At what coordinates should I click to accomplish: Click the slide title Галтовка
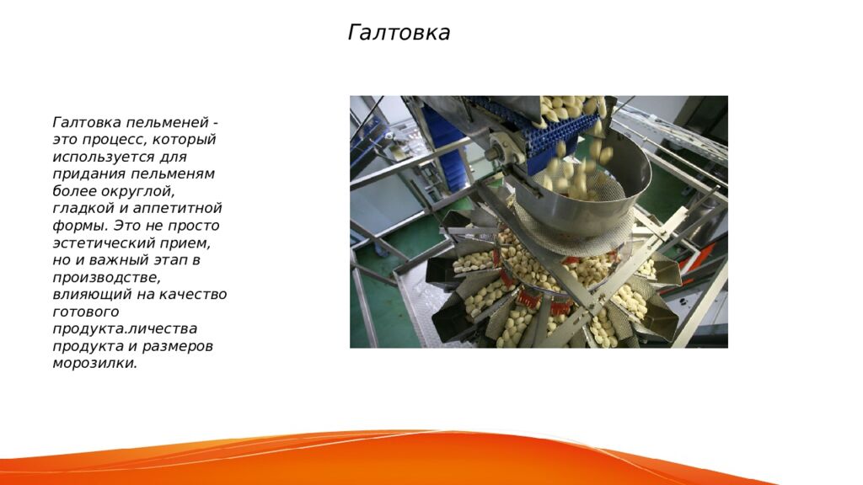[x=399, y=33]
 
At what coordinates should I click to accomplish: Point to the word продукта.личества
[x=125, y=328]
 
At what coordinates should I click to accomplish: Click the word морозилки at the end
[x=94, y=363]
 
